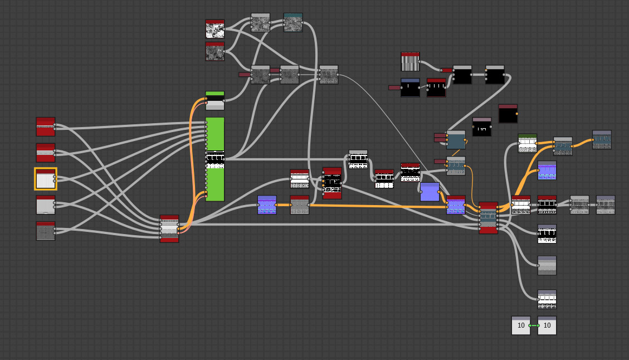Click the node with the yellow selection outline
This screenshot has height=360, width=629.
tap(46, 179)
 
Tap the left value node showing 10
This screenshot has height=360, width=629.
tap(521, 325)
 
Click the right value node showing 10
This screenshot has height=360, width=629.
tap(547, 325)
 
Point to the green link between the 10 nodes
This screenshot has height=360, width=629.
tap(534, 325)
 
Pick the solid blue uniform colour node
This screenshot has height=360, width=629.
tap(430, 192)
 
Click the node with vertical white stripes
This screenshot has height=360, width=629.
tap(410, 62)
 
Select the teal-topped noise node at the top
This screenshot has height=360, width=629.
tap(293, 22)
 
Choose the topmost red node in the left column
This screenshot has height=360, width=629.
tap(46, 127)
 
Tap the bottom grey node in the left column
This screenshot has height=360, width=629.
tap(46, 231)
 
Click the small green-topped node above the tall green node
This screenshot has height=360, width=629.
tap(215, 101)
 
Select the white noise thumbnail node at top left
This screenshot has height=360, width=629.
tap(215, 29)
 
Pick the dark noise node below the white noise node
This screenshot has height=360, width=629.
tap(215, 51)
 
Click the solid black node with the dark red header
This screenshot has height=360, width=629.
tap(508, 114)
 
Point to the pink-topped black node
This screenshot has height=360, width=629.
tap(482, 127)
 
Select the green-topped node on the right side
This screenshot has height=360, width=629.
tap(527, 143)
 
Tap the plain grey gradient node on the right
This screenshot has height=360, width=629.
tap(547, 265)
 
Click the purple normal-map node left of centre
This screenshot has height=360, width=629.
tap(267, 205)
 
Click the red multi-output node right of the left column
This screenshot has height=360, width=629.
tap(169, 228)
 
